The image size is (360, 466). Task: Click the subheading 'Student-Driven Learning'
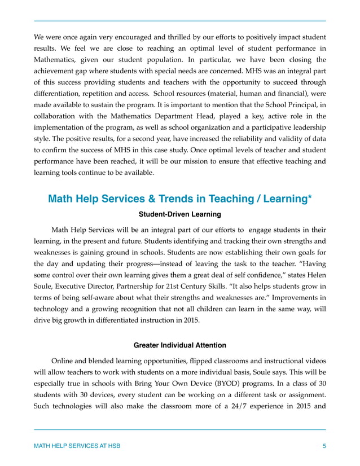[x=180, y=214]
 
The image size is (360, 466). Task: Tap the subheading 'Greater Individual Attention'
[x=180, y=345]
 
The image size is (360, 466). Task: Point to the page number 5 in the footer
[x=324, y=446]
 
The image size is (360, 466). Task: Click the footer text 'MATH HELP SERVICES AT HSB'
[x=77, y=446]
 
